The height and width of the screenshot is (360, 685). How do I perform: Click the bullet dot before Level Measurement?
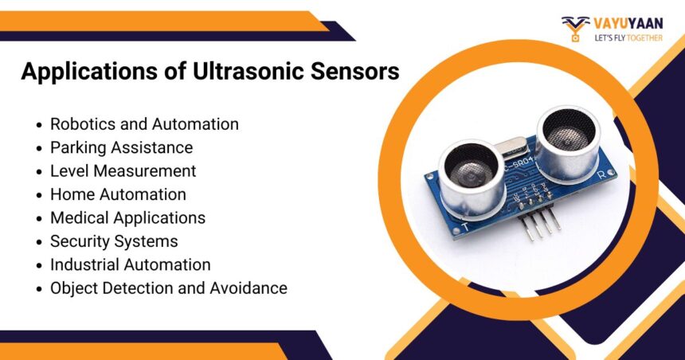(39, 172)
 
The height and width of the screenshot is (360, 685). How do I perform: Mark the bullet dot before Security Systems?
(39, 242)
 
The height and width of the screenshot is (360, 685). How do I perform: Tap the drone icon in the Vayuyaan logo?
(575, 26)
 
